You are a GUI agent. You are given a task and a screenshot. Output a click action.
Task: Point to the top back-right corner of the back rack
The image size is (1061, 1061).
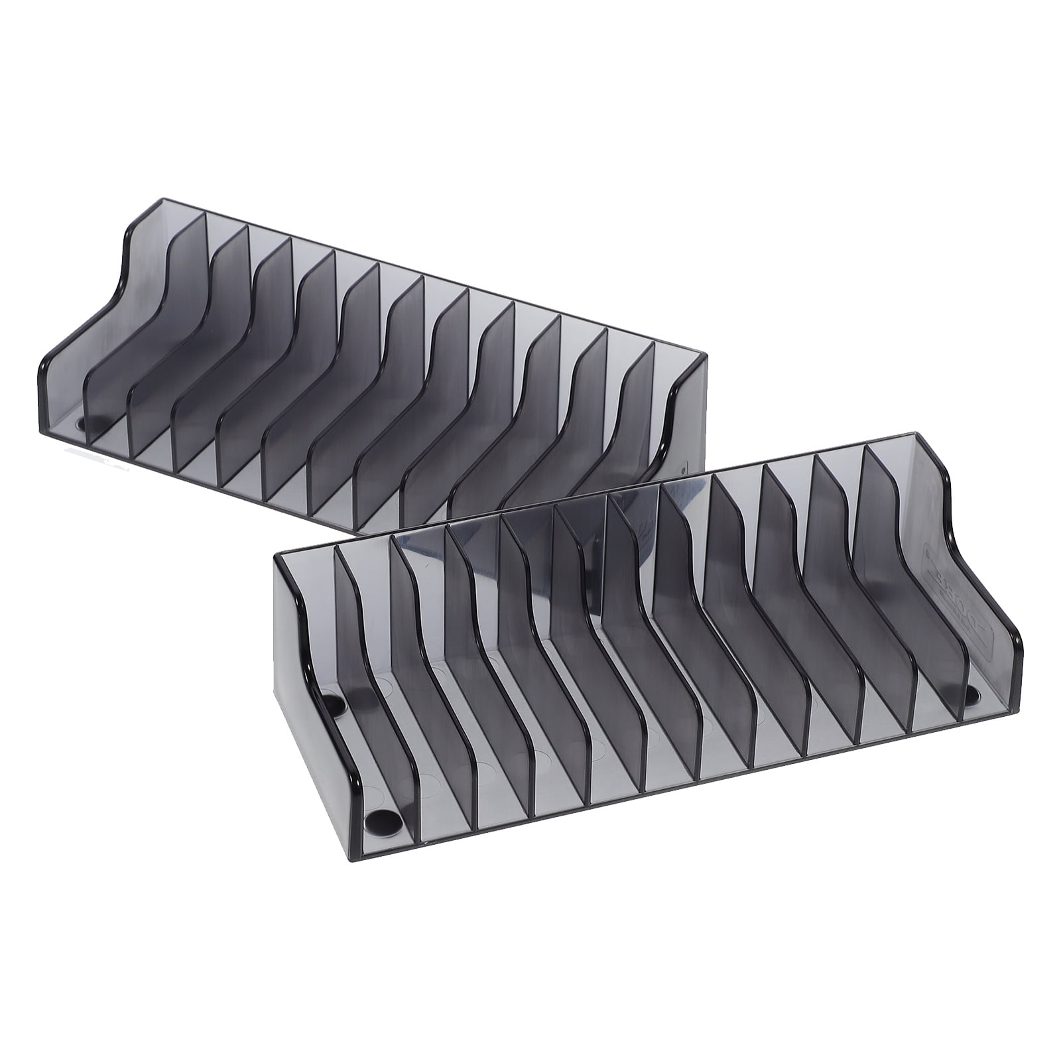(x=707, y=355)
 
